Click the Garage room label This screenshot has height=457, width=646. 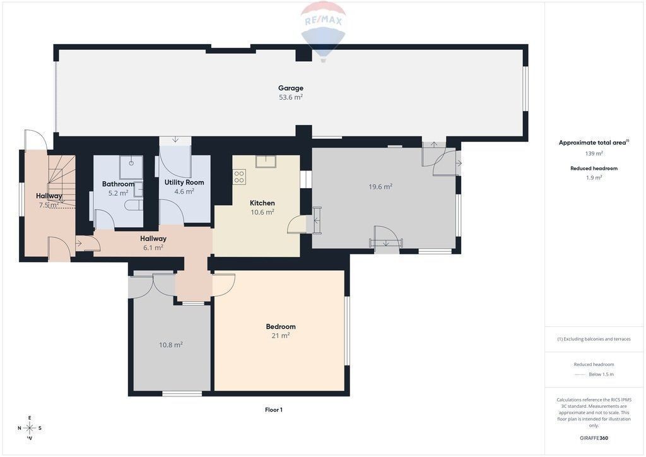(290, 88)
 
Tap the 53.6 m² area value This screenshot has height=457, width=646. (290, 97)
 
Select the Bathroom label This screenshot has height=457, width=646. (118, 184)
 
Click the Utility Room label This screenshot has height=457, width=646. (184, 182)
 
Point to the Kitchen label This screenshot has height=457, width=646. (262, 203)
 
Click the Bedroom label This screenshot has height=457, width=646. (281, 326)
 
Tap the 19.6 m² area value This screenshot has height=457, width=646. (380, 187)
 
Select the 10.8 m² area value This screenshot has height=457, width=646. (170, 345)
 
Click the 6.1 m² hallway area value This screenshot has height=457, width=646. (153, 247)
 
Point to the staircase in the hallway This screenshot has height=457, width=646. (62, 181)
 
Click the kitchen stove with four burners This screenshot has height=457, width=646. (239, 177)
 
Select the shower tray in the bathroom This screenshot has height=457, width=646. (131, 167)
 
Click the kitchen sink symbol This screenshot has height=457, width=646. (266, 161)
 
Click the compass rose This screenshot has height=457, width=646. (30, 428)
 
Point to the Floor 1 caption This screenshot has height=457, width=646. (274, 410)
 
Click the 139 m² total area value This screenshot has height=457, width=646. (594, 153)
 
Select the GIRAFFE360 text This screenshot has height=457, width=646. (594, 438)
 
